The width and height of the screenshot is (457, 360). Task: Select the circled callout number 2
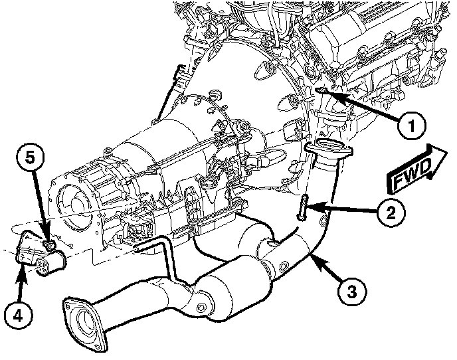390,213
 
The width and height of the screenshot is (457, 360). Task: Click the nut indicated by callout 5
48,247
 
